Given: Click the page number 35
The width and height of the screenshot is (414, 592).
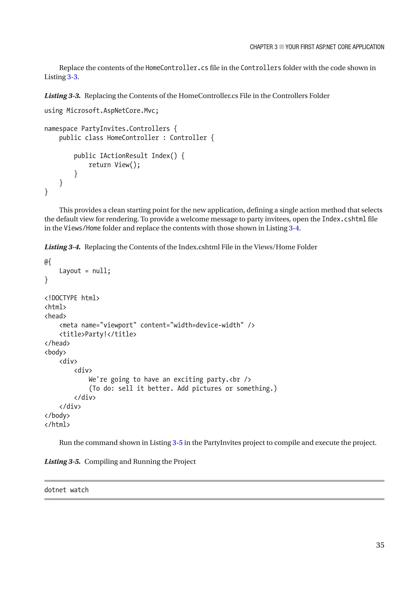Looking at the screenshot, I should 380,545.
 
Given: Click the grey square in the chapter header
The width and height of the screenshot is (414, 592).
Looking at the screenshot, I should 281,47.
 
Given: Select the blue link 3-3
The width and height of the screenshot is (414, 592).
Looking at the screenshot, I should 72,77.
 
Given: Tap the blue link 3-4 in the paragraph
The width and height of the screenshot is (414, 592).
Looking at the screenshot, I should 294,228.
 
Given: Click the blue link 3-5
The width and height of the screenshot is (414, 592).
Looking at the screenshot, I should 177,443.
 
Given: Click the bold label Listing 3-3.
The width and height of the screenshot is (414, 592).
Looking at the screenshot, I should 62,96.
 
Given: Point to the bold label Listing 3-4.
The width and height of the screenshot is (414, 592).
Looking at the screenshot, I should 62,247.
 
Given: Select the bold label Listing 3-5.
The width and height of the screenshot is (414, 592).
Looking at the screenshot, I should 62,462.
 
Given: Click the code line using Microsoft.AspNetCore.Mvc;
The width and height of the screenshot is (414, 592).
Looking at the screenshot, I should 101,111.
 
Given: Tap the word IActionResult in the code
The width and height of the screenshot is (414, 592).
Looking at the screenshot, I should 124,156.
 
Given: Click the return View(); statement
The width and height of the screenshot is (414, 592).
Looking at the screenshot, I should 114,165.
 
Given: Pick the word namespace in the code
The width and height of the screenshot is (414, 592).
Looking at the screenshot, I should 61,129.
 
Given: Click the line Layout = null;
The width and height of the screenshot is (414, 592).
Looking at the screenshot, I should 85,271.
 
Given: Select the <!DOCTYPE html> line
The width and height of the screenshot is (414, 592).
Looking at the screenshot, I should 72,298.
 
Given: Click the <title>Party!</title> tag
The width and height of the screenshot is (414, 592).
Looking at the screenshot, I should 98,334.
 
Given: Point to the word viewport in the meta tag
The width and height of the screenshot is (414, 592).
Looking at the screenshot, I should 118,325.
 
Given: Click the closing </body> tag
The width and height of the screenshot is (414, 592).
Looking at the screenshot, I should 57,416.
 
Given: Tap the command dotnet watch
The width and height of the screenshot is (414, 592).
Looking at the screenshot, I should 67,490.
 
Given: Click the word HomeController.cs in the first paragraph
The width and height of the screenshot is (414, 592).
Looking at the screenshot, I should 177,68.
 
